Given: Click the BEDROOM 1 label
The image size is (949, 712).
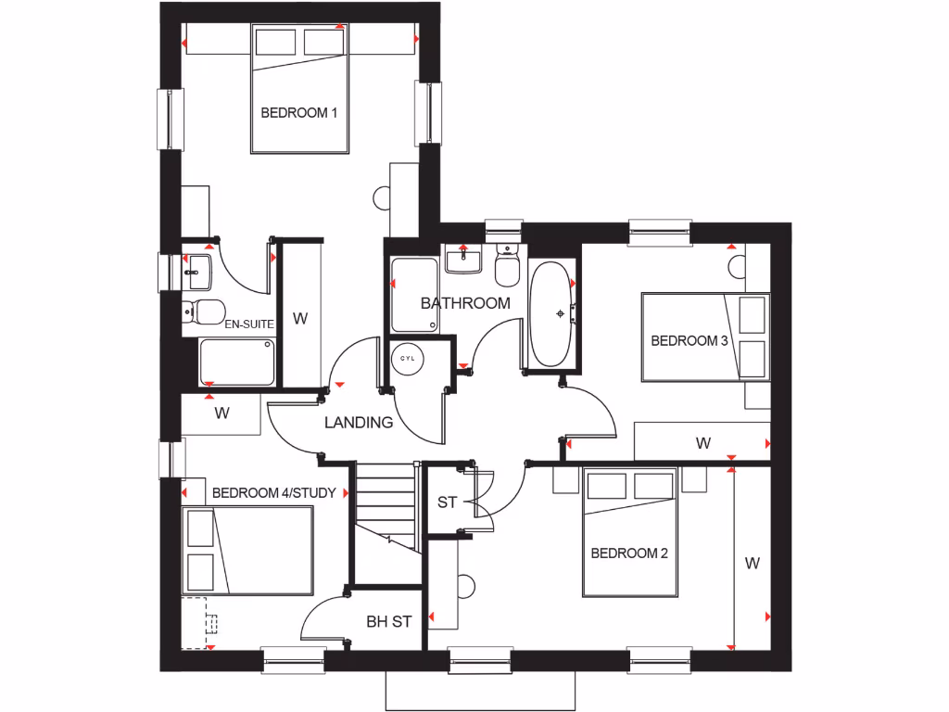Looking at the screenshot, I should click(x=298, y=113).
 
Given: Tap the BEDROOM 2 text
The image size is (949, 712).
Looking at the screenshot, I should click(x=629, y=553).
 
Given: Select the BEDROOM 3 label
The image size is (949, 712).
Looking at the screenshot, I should click(x=690, y=340).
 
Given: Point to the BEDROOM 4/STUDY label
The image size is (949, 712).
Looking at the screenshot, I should click(x=273, y=492).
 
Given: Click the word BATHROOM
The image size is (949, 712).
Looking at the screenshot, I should click(x=465, y=303).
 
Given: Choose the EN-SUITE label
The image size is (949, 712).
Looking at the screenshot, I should click(x=249, y=324).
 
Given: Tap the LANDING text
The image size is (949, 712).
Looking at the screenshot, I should click(x=359, y=423).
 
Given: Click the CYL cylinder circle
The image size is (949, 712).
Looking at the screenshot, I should click(x=407, y=356).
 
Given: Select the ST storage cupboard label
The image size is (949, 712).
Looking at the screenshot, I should click(x=448, y=502).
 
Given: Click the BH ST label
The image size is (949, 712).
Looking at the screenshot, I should click(x=388, y=621).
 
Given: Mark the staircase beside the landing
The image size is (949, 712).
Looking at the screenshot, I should click(x=383, y=505).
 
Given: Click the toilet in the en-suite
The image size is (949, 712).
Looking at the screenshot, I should click(x=202, y=311).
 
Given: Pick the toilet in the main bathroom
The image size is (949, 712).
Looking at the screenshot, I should click(x=507, y=265).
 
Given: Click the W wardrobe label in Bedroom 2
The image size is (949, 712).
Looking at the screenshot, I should click(x=752, y=562).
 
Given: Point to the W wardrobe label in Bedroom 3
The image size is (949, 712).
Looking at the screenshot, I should click(x=703, y=443).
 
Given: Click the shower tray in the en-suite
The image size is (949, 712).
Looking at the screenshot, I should click(x=237, y=362).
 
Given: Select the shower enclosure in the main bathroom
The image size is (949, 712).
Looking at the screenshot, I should click(x=414, y=295).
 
